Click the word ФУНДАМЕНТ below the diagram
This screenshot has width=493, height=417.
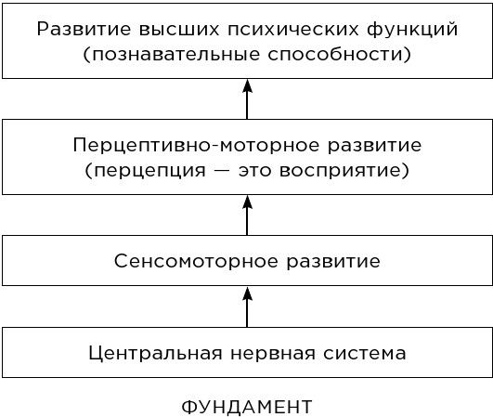coord(247,407)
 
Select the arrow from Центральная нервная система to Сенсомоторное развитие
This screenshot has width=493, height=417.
coord(247,306)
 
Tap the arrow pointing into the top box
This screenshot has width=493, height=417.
coord(247,99)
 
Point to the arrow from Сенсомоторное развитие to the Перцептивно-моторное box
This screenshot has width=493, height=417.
coord(247,215)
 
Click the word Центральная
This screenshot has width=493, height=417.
coord(155,354)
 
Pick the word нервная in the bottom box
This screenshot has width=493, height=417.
coord(273,354)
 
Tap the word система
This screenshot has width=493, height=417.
coord(364,354)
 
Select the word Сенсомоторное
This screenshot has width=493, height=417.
coord(196,261)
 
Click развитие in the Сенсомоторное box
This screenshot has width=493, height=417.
coord(333,262)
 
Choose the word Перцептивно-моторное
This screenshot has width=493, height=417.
coord(196,145)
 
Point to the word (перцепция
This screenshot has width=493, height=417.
coord(145,171)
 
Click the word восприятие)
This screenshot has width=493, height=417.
coord(344,171)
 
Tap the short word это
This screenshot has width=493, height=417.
coord(254,171)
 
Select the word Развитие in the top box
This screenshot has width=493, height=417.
coord(84,29)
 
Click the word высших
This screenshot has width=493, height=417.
coord(179,30)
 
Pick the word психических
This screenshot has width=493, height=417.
coord(293,30)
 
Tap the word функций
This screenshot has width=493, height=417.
coord(412,29)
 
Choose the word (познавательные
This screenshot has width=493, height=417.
coord(171,55)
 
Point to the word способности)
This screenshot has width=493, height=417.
coord(340,54)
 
